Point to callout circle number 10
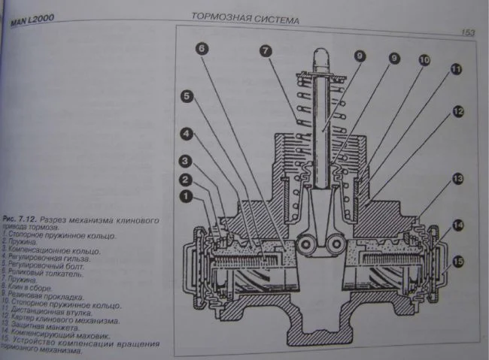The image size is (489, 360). (x=424, y=59)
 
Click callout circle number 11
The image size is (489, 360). (x=455, y=71)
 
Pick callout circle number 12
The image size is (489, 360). (x=457, y=111)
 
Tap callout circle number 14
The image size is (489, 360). (x=458, y=224)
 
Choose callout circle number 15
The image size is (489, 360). (x=458, y=262)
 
